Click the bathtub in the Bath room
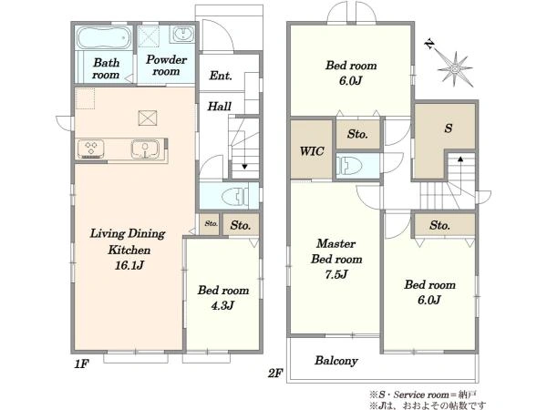103,38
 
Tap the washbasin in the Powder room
182,35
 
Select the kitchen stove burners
91,149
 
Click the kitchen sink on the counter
146,149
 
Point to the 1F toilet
235,196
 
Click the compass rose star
455,68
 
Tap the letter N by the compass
429,44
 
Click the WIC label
312,151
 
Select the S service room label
449,128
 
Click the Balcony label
336,361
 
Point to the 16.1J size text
129,266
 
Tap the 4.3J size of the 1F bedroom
222,306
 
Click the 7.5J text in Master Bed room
336,274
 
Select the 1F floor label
81,364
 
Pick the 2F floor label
275,374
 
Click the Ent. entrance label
221,76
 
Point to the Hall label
219,106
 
